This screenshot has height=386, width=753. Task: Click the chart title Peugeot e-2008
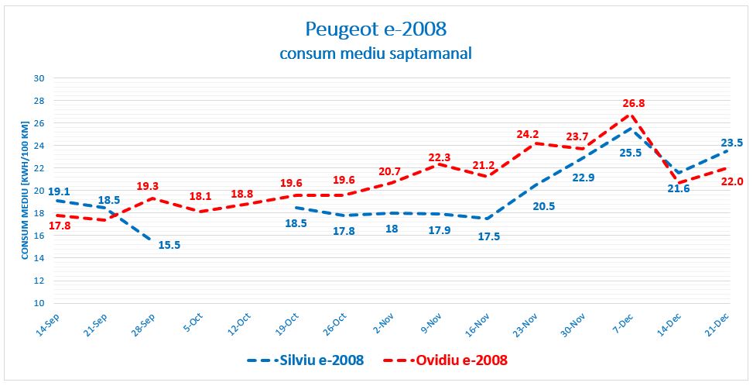[x=376, y=29]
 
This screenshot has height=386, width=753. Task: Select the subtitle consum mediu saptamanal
[x=375, y=53]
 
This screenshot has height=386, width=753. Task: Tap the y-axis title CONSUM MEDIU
[x=23, y=191]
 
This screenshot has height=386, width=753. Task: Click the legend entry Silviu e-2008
[x=305, y=360]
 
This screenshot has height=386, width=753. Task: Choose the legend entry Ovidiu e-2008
[x=446, y=360]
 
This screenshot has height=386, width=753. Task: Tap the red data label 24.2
[x=527, y=134]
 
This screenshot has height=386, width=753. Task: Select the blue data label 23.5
[x=732, y=143]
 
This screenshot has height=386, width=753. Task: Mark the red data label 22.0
[x=732, y=181]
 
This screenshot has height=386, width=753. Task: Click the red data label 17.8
[x=60, y=226]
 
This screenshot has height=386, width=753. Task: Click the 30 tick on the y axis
[x=40, y=78]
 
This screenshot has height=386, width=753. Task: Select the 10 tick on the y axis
[x=40, y=303]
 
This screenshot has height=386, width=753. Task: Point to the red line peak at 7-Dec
[x=630, y=115]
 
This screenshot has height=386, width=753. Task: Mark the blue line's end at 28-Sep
[x=151, y=240]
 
